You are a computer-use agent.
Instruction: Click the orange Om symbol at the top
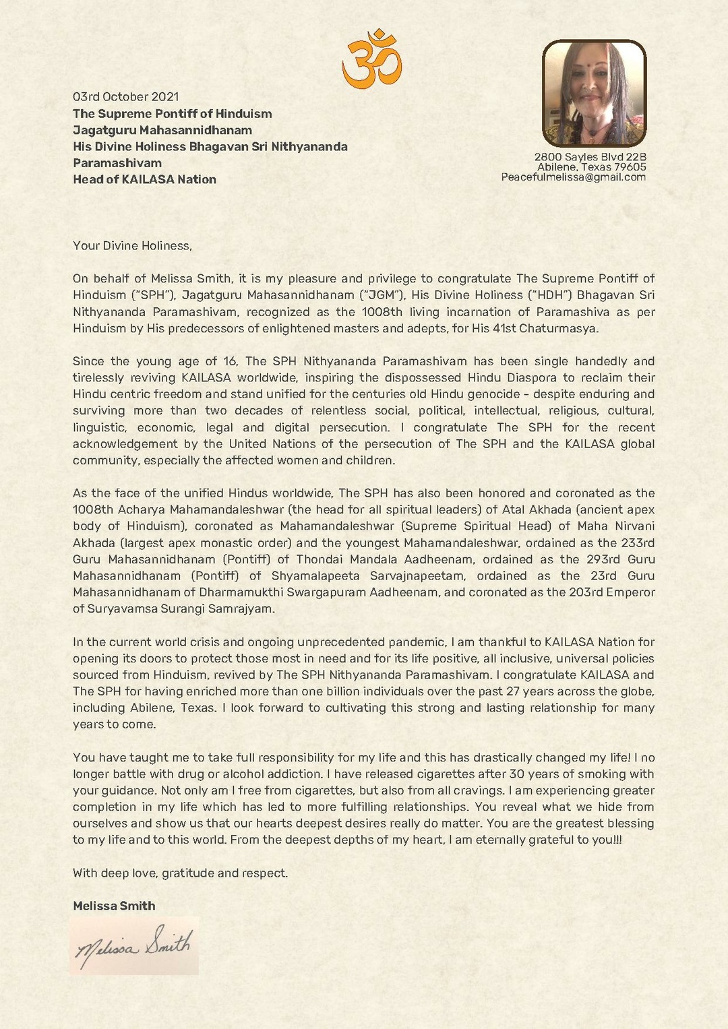(x=371, y=59)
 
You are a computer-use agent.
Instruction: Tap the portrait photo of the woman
(x=594, y=93)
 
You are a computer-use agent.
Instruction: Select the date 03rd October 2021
(x=126, y=97)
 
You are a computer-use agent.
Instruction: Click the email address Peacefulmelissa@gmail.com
(x=573, y=177)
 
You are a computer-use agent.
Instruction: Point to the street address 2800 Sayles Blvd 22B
(x=590, y=157)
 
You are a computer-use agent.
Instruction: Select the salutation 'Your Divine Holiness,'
(x=132, y=246)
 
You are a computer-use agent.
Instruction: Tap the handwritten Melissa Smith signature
(x=134, y=947)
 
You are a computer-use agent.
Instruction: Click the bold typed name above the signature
(x=114, y=906)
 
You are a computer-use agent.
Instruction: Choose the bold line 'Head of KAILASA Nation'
(x=144, y=179)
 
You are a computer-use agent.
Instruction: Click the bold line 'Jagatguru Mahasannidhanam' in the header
(x=162, y=130)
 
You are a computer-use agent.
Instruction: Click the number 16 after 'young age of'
(x=229, y=362)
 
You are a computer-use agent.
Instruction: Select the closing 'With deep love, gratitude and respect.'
(x=180, y=873)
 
